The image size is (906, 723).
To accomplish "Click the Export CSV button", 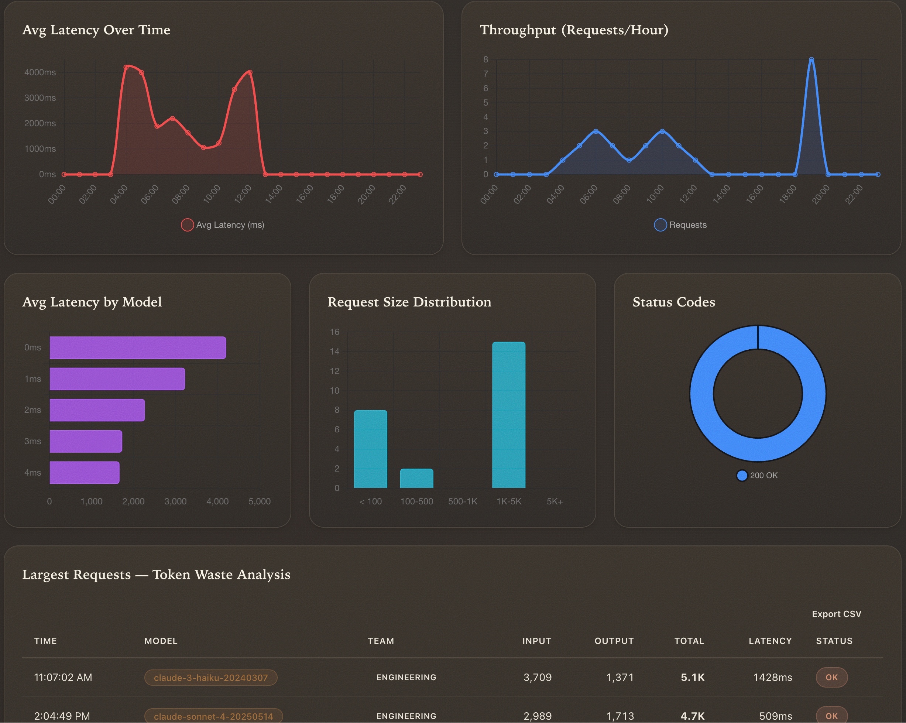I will [x=836, y=614].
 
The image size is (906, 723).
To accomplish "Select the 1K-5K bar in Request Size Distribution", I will [x=508, y=415].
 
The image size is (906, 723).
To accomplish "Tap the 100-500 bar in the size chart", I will [x=416, y=478].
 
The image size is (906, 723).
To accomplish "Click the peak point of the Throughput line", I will [x=811, y=60].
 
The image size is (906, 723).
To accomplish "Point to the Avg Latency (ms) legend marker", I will [x=188, y=225].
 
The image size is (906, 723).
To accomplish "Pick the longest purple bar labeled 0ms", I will [x=137, y=347].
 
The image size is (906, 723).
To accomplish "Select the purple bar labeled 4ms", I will [x=85, y=473].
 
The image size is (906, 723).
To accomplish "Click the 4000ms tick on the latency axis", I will [x=40, y=72].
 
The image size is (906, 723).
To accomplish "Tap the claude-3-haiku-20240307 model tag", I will [x=210, y=678].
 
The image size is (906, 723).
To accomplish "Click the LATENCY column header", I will [x=770, y=641].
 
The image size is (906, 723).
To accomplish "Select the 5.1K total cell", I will [x=693, y=678].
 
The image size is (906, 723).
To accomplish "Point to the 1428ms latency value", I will [x=772, y=678].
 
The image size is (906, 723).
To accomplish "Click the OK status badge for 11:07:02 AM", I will [x=832, y=678].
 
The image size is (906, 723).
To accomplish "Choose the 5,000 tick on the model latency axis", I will [x=259, y=501].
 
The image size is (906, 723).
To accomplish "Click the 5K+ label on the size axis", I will [x=554, y=501].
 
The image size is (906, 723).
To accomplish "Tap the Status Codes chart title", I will [x=674, y=302].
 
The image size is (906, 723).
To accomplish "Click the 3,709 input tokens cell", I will [x=538, y=678].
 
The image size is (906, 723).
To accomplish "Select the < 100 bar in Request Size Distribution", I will [x=370, y=449].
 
